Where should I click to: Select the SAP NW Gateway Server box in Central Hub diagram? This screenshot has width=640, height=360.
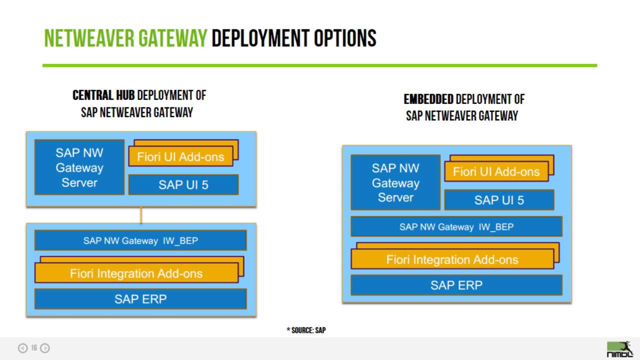click(79, 167)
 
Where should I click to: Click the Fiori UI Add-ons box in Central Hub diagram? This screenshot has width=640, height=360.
click(180, 157)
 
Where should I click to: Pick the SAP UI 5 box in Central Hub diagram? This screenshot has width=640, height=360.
click(183, 185)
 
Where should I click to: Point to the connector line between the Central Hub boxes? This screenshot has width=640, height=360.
click(141, 215)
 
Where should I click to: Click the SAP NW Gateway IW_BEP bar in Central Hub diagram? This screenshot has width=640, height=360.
click(140, 240)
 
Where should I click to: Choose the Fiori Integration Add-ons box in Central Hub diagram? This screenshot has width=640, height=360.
click(136, 273)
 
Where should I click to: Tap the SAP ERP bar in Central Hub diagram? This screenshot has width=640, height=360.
click(140, 299)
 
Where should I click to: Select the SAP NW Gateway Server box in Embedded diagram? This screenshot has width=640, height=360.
click(395, 182)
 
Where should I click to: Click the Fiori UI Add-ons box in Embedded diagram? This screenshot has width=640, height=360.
click(496, 172)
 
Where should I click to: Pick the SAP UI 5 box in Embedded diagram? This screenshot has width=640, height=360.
click(499, 200)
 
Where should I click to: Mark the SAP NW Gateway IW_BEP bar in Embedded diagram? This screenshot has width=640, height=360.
click(456, 226)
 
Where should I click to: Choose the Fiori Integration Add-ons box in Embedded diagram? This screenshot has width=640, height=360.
click(452, 259)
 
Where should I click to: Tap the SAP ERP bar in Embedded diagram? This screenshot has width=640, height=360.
click(456, 285)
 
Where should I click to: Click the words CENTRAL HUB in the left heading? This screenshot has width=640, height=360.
click(103, 95)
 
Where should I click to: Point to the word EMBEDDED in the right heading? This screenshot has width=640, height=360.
click(428, 99)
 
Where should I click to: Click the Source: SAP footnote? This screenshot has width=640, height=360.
click(306, 330)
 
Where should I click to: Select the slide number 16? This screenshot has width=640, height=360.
click(34, 348)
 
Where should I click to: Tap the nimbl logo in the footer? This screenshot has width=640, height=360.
click(619, 349)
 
